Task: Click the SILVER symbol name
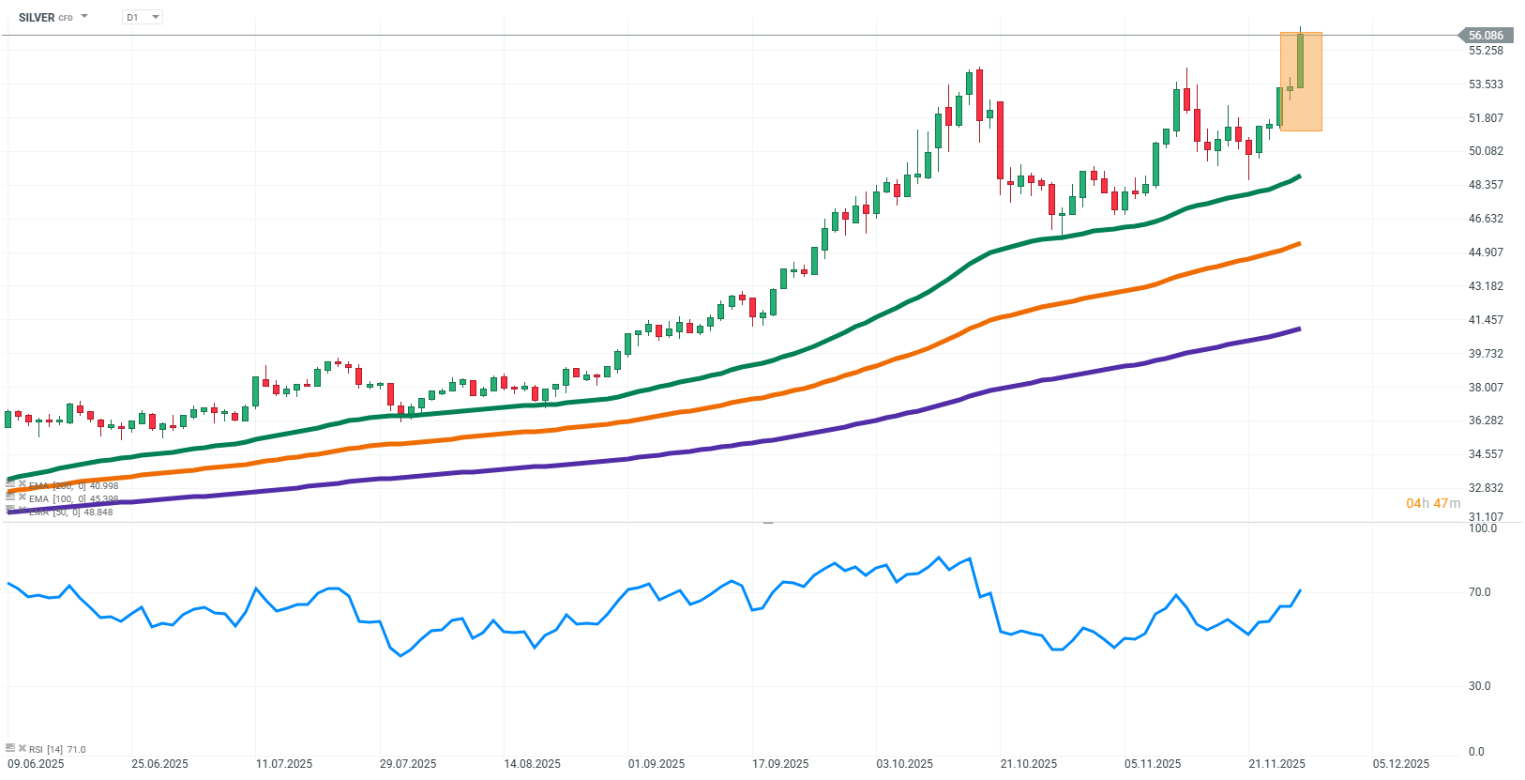pyautogui.click(x=37, y=18)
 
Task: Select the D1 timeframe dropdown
pyautogui.click(x=142, y=18)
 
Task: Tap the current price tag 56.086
pyautogui.click(x=1485, y=36)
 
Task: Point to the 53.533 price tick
pyautogui.click(x=1486, y=84)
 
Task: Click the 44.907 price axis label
pyautogui.click(x=1486, y=252)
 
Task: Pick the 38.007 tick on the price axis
pyautogui.click(x=1486, y=388)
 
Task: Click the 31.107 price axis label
pyautogui.click(x=1486, y=517)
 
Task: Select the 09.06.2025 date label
pyautogui.click(x=36, y=764)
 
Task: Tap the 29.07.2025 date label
pyautogui.click(x=408, y=764)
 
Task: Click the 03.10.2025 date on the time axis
pyautogui.click(x=905, y=764)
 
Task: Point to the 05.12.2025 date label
pyautogui.click(x=1401, y=764)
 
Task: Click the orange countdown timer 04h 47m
pyautogui.click(x=1433, y=504)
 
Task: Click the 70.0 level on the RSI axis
pyautogui.click(x=1479, y=592)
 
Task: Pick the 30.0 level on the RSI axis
pyautogui.click(x=1479, y=686)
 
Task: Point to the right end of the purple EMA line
pyautogui.click(x=1300, y=329)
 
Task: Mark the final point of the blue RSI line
pyautogui.click(x=1300, y=590)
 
